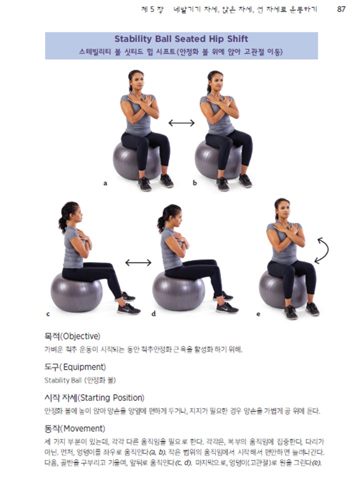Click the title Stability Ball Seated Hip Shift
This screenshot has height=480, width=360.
click(181, 39)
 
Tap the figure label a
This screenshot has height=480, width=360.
click(105, 183)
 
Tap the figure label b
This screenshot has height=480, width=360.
click(194, 183)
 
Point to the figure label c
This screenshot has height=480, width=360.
click(48, 314)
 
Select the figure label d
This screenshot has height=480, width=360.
click(153, 314)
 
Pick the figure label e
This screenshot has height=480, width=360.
click(258, 314)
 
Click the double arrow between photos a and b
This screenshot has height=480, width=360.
click(181, 123)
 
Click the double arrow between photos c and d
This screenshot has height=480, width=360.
click(138, 262)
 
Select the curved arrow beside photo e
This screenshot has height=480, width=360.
click(321, 250)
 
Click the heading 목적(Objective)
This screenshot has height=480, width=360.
click(72, 335)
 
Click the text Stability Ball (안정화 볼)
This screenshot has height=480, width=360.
click(80, 380)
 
